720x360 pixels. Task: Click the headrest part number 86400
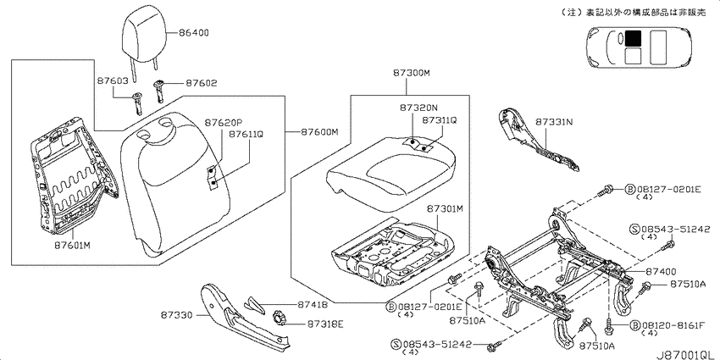pyautogui.click(x=194, y=32)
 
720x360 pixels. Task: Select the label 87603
pyautogui.click(x=113, y=80)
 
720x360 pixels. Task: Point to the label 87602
pyautogui.click(x=202, y=84)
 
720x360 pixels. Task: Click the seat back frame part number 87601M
pyautogui.click(x=72, y=245)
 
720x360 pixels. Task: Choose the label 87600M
pyautogui.click(x=319, y=132)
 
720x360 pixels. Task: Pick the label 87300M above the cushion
pyautogui.click(x=412, y=73)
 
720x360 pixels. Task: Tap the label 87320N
pyautogui.click(x=418, y=108)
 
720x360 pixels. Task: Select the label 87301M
pyautogui.click(x=445, y=209)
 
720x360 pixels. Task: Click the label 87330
pyautogui.click(x=176, y=315)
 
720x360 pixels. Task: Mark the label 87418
pyautogui.click(x=313, y=304)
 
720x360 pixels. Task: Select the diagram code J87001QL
pyautogui.click(x=685, y=355)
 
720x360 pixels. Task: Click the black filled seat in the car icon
pyautogui.click(x=634, y=38)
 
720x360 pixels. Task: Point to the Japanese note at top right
pyautogui.click(x=634, y=13)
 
